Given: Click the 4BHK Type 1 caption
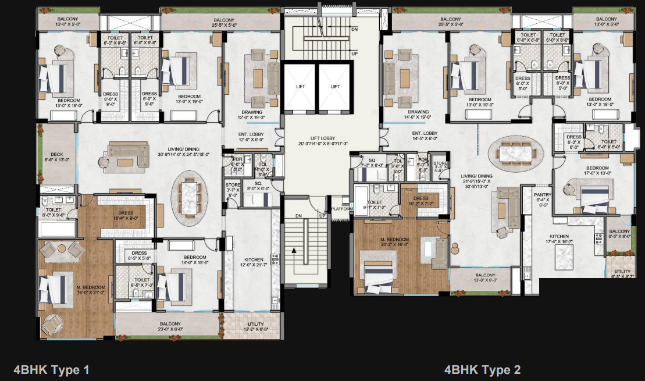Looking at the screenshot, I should (51, 369).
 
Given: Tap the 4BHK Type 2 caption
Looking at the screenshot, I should (482, 369).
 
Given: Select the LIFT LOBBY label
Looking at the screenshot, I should (314, 140).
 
